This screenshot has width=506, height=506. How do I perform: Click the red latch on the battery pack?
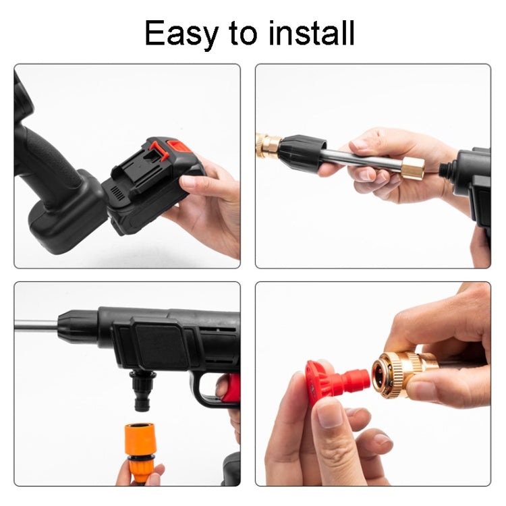159,150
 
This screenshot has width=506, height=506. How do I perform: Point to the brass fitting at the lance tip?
267,144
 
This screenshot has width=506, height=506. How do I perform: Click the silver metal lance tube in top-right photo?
364,160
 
